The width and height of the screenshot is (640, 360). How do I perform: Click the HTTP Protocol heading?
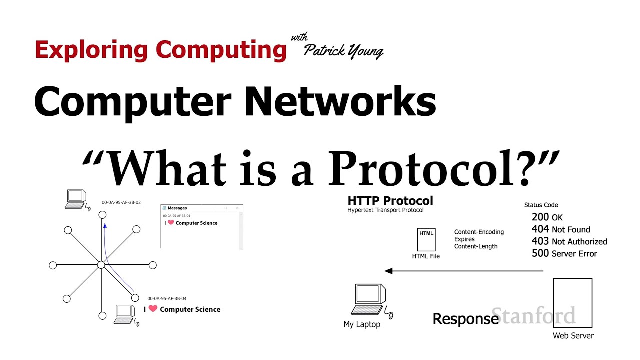[390, 201]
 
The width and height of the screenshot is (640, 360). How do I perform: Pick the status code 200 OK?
[547, 217]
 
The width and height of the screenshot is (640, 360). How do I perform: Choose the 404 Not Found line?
[561, 229]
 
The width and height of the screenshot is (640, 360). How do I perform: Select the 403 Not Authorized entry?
[569, 241]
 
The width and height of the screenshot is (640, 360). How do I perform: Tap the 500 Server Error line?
[564, 253]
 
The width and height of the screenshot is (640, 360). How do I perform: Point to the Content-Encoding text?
[479, 232]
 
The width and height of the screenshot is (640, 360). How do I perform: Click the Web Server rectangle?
[572, 303]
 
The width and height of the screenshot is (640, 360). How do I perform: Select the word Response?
[465, 319]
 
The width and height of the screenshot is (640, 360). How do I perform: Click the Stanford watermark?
[534, 316]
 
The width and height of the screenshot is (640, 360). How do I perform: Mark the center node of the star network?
[101, 265]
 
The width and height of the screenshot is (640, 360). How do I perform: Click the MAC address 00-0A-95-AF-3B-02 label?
[121, 203]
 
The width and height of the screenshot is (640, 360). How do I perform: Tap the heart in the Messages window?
[171, 223]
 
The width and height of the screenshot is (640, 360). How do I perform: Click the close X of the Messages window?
[237, 208]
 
